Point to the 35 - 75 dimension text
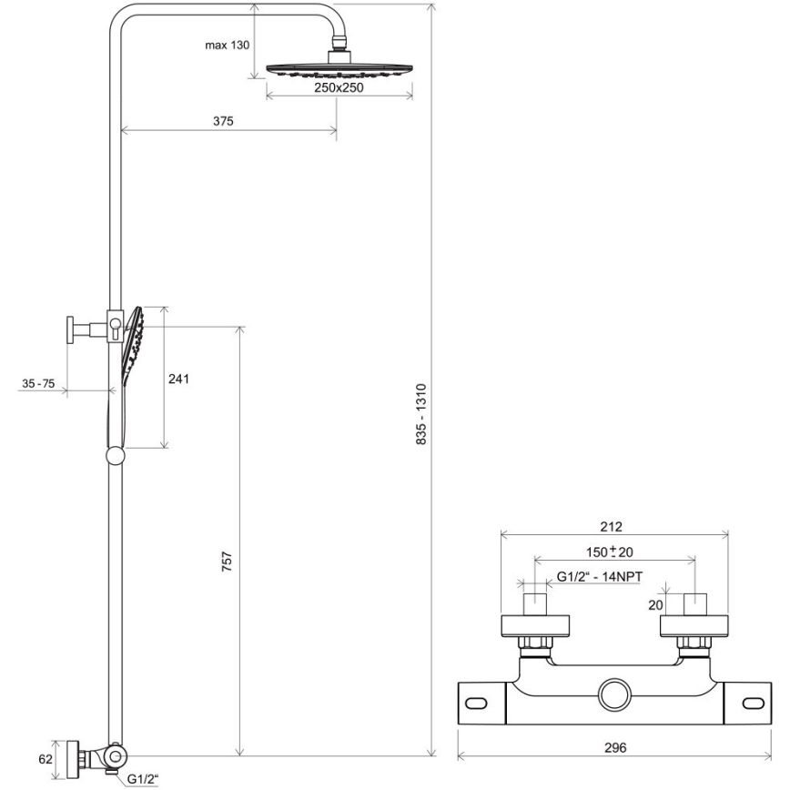[38, 384]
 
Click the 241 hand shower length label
[178, 378]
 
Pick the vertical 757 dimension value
[228, 561]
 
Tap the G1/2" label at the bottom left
[142, 779]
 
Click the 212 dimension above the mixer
[612, 527]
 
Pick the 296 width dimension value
[615, 747]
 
